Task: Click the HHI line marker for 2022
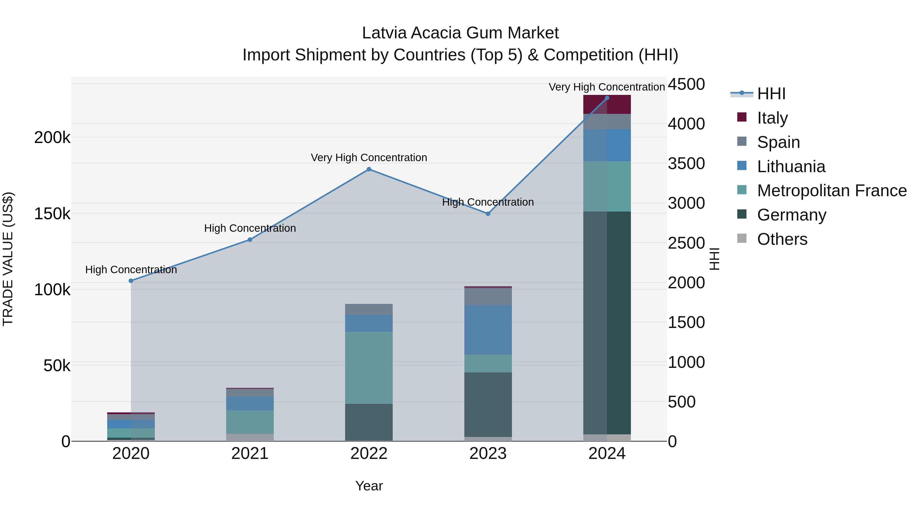pyautogui.click(x=369, y=169)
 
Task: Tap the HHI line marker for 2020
pyautogui.click(x=131, y=281)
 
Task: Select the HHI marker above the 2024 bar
pyautogui.click(x=607, y=98)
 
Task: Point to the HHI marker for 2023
pyautogui.click(x=488, y=214)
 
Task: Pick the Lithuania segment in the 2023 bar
pyautogui.click(x=488, y=330)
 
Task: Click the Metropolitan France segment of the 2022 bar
pyautogui.click(x=369, y=368)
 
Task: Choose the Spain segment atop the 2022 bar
pyautogui.click(x=369, y=309)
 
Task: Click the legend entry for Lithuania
pyautogui.click(x=791, y=167)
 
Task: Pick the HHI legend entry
pyautogui.click(x=771, y=94)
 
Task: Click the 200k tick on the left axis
pyautogui.click(x=52, y=138)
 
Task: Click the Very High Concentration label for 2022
pyautogui.click(x=369, y=158)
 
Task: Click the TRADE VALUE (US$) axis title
pyautogui.click(x=8, y=259)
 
